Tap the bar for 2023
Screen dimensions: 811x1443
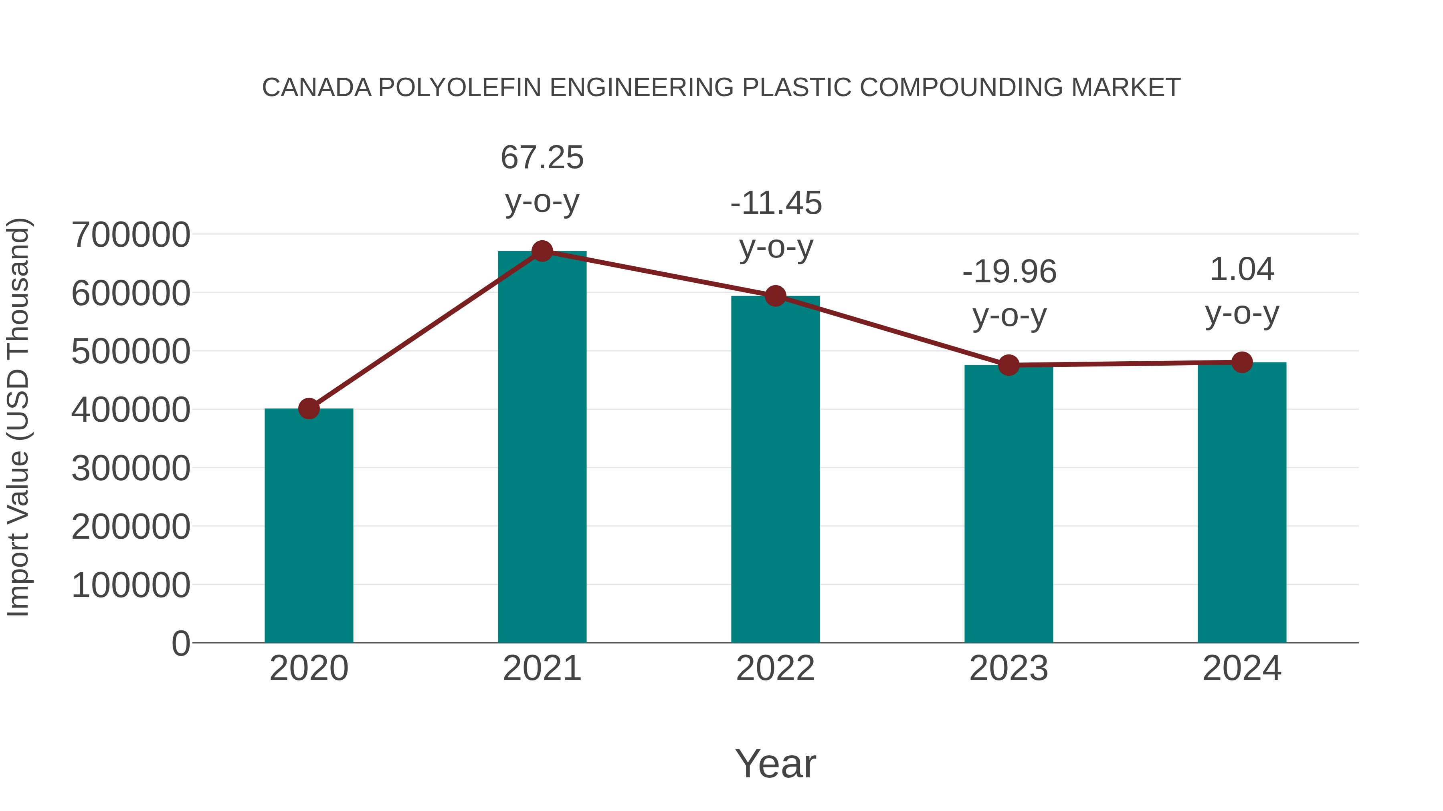pyautogui.click(x=1008, y=504)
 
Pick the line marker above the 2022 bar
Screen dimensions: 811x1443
pyautogui.click(x=775, y=296)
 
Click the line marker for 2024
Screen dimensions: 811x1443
pyautogui.click(x=1242, y=362)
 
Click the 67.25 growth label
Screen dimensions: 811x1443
pyautogui.click(x=542, y=157)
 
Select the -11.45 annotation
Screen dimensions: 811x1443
pyautogui.click(x=776, y=203)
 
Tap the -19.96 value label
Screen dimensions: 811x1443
pyautogui.click(x=1009, y=272)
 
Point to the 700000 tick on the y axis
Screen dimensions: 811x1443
pyautogui.click(x=131, y=235)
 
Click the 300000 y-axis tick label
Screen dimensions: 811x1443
pyautogui.click(x=131, y=469)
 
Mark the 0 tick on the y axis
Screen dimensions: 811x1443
pyautogui.click(x=180, y=643)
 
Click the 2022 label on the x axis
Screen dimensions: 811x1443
pyautogui.click(x=775, y=668)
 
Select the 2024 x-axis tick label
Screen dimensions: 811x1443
pyautogui.click(x=1242, y=668)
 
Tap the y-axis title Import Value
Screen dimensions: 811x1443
pyautogui.click(x=18, y=417)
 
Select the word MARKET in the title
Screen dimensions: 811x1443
pyautogui.click(x=1126, y=88)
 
